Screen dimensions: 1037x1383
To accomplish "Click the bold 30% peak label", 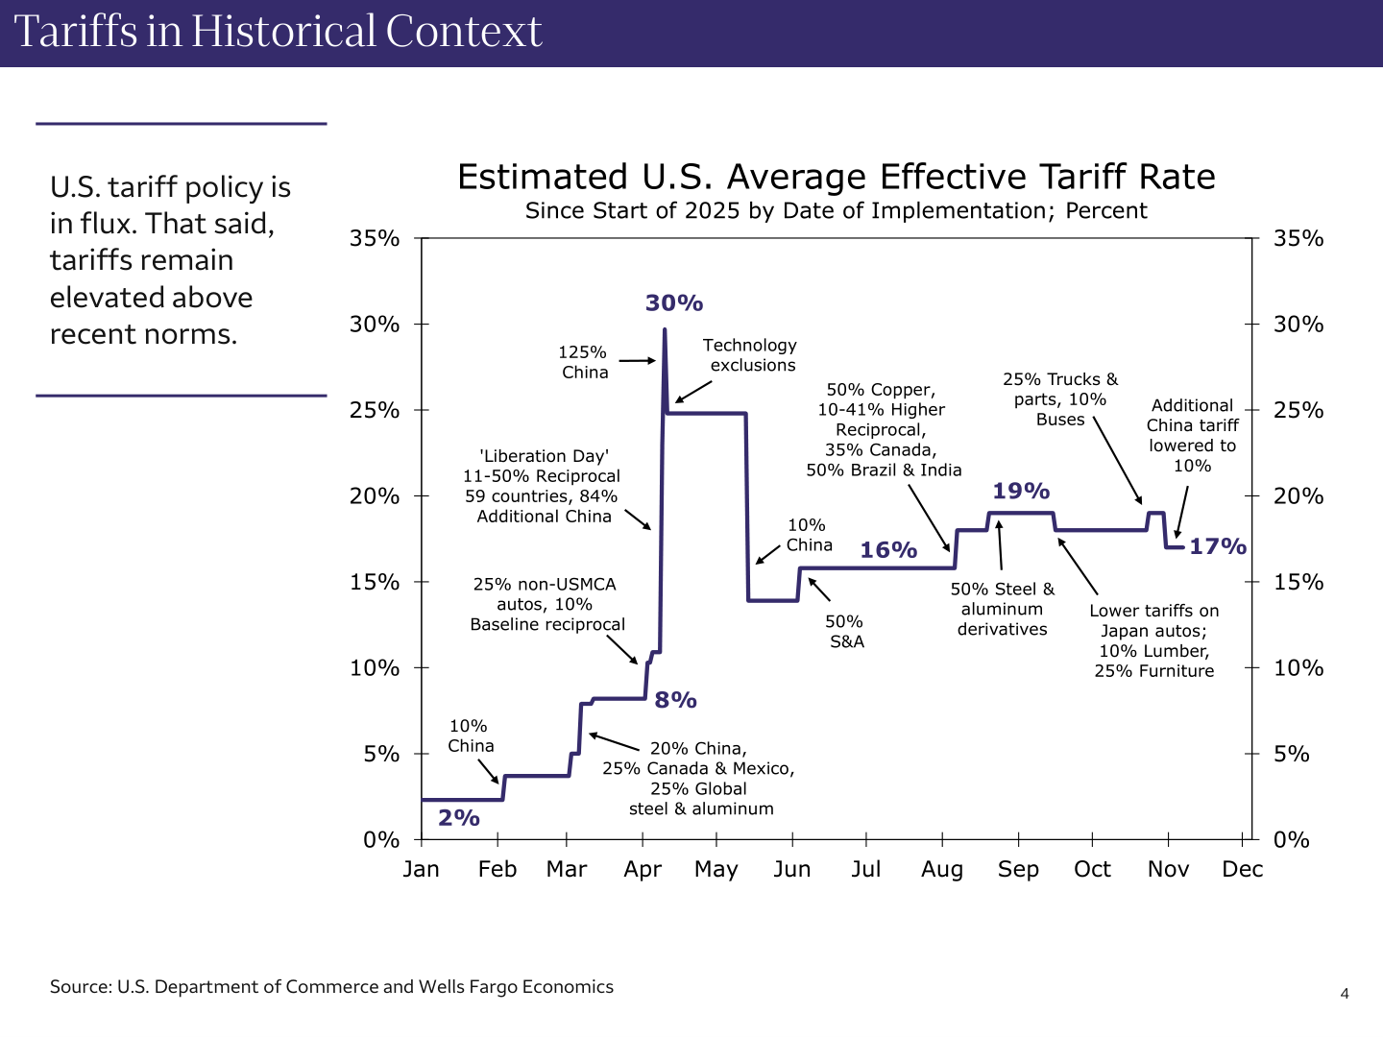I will tap(674, 303).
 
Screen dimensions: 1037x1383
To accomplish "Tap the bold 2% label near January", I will tap(459, 818).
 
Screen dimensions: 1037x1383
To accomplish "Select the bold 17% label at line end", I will tap(1218, 546).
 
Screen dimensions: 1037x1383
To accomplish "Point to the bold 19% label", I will tap(1021, 492).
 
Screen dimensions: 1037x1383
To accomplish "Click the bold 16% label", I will tap(888, 550).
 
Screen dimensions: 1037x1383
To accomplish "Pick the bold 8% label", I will tap(675, 700).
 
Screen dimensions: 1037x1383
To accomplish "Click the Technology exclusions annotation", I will tap(750, 355).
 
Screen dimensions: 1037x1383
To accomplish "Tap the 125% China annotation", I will tap(584, 362).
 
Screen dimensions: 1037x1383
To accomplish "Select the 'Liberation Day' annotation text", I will tap(543, 486).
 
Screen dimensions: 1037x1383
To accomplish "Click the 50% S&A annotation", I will tap(846, 631).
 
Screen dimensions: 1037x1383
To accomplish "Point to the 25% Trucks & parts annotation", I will tap(1060, 399).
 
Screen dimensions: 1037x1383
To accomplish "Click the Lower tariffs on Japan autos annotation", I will tap(1153, 640).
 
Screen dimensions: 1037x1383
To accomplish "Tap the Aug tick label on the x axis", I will tap(942, 869).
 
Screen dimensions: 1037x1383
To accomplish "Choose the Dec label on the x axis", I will tap(1242, 869).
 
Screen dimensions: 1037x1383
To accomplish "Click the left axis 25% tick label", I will tap(375, 410).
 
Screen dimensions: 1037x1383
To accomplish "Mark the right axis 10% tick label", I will tap(1298, 667).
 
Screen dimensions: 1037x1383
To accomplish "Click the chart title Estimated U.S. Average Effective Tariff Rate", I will tap(836, 178).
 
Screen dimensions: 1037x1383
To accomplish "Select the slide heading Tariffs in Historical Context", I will tap(279, 32).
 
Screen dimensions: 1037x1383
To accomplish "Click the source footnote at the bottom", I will tap(331, 987).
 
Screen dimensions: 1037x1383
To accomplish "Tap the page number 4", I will tap(1345, 994).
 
